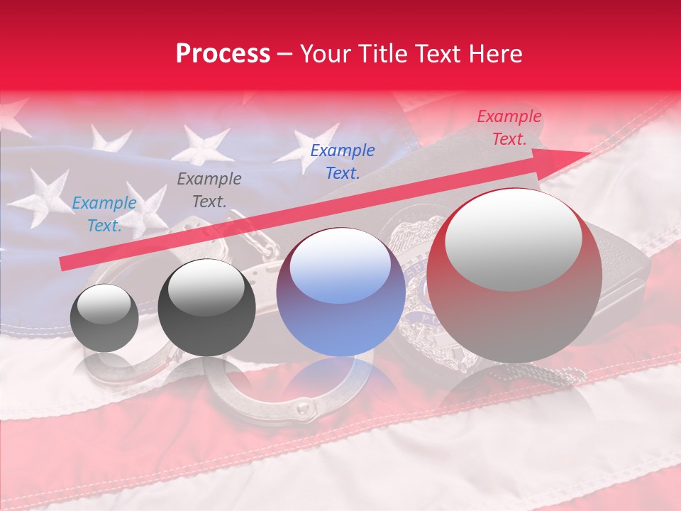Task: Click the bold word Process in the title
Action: (223, 53)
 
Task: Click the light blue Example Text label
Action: (104, 214)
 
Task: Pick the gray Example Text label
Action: (209, 190)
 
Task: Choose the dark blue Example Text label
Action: (342, 161)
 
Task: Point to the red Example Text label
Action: (509, 128)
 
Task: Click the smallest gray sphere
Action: (104, 318)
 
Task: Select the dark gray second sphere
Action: (206, 307)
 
